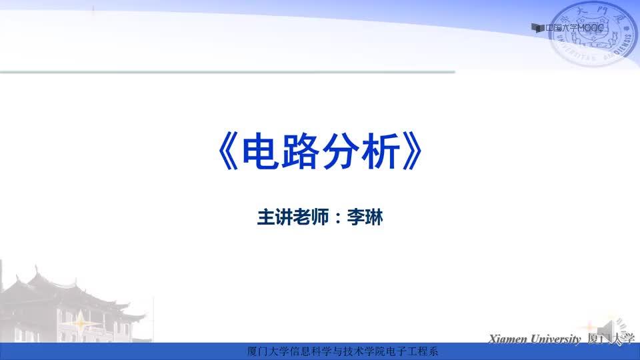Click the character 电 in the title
click(261, 151)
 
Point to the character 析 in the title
click(381, 151)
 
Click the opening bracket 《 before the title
click(228, 151)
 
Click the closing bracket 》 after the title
click(412, 151)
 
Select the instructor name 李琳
click(365, 217)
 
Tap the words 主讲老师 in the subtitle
click(293, 217)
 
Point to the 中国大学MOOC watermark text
click(574, 28)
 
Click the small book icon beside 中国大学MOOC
click(537, 28)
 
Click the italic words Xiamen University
click(535, 339)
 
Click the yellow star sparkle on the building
click(81, 323)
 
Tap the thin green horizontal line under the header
click(227, 72)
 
